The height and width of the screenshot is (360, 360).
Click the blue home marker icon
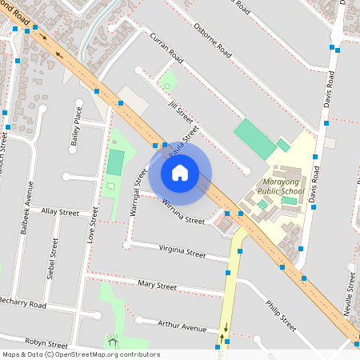point(180,172)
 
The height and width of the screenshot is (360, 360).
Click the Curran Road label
point(166,49)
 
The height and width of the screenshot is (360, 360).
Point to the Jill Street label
point(170,104)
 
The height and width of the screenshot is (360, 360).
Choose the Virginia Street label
point(182,251)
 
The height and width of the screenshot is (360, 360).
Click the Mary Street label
point(157,285)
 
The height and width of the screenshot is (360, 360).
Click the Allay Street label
point(60,213)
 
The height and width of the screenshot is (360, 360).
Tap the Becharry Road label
point(24,306)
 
